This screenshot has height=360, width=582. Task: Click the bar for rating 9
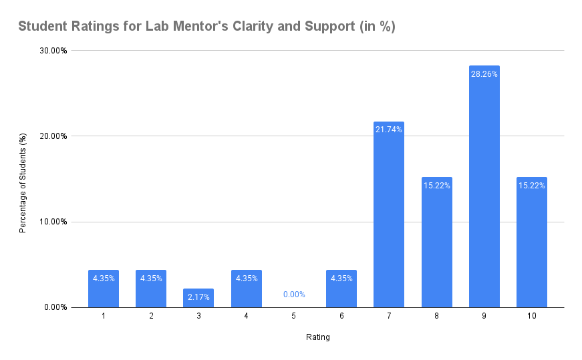click(x=484, y=194)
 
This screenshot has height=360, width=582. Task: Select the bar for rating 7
click(x=389, y=220)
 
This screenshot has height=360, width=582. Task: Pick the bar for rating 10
click(x=532, y=247)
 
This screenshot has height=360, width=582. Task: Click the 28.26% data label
click(x=484, y=74)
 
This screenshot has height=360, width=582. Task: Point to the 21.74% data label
click(x=389, y=130)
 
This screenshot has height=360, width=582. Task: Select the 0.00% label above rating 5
click(x=294, y=294)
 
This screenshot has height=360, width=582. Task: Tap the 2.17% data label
click(x=198, y=297)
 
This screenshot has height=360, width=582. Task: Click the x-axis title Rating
click(x=318, y=337)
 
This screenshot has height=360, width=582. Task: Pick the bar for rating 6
click(x=341, y=289)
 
